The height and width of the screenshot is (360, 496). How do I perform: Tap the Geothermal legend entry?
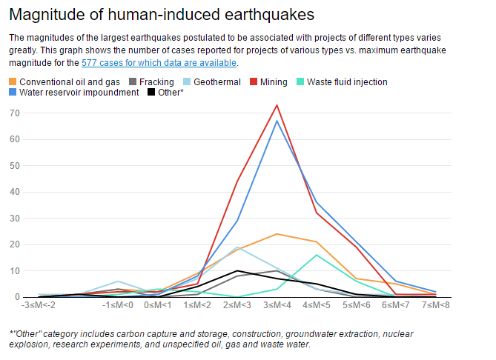[x=216, y=81]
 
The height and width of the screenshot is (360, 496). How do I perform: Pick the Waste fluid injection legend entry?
[x=346, y=81]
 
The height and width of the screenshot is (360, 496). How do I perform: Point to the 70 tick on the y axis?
[x=13, y=113]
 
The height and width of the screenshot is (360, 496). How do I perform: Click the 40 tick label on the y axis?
[x=13, y=192]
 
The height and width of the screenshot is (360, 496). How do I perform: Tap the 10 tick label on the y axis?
[x=13, y=271]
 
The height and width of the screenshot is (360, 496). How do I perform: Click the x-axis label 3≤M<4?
[x=277, y=305]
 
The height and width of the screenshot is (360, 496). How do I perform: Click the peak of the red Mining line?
[x=277, y=105]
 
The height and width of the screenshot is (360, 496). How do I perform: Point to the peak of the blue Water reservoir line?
[x=277, y=121]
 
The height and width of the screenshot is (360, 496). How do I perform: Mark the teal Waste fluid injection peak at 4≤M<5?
[x=317, y=255]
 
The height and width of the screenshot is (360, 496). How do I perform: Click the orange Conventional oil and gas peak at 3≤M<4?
[x=277, y=234]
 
